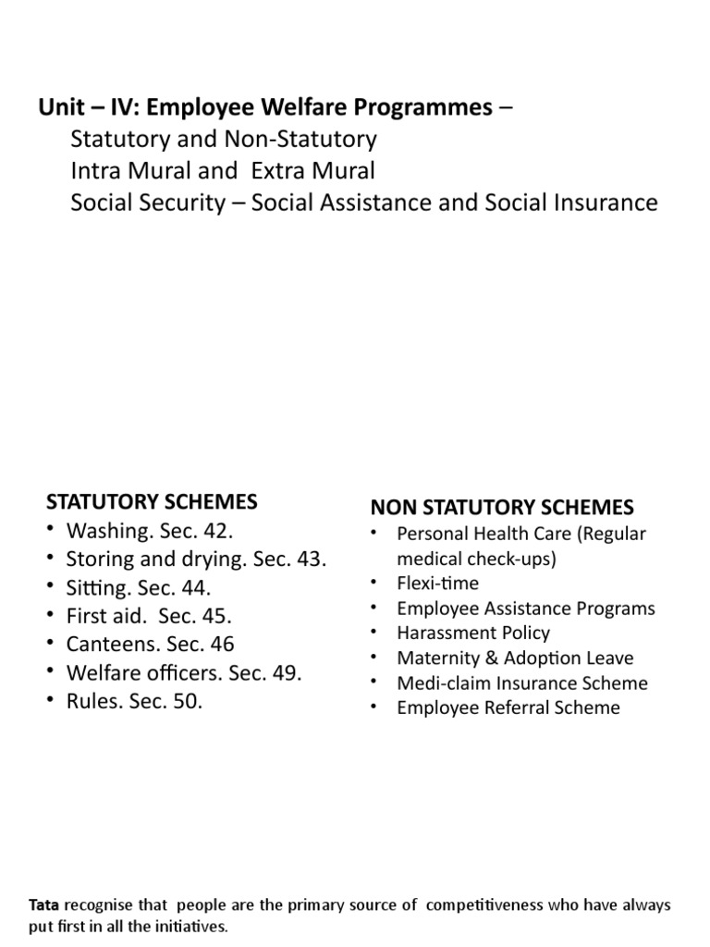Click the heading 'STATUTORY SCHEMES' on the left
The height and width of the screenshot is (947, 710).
[152, 502]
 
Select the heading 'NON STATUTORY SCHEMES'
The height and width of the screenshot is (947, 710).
[502, 507]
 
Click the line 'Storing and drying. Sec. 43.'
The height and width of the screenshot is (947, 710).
[196, 560]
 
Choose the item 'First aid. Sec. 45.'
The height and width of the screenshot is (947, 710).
[149, 616]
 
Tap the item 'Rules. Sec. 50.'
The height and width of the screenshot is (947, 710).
[134, 701]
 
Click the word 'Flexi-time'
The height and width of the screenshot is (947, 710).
[437, 584]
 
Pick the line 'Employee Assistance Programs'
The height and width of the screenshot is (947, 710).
[525, 609]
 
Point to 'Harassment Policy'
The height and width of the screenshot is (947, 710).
[472, 633]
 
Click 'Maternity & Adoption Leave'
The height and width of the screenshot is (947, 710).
[515, 658]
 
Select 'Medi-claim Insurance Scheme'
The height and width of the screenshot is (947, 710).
[521, 683]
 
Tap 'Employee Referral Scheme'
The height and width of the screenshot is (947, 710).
[508, 708]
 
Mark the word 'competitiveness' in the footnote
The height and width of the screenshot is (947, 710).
[496, 904]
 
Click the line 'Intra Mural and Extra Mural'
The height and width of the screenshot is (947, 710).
[223, 170]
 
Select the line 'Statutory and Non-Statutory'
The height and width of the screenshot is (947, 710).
[224, 140]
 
